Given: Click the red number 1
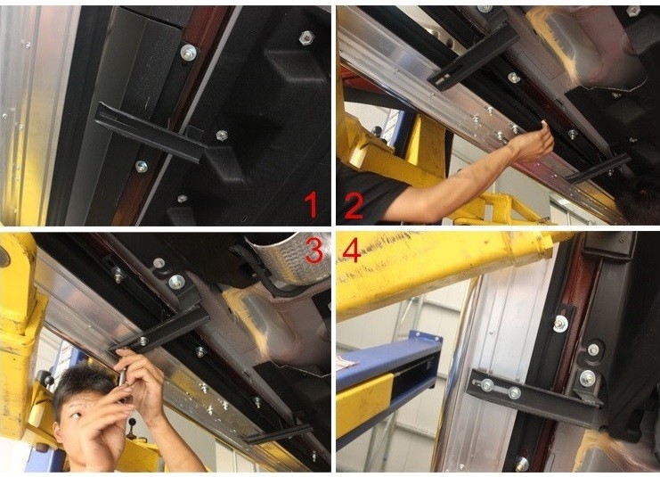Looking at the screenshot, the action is tap(312, 205).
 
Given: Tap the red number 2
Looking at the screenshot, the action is tap(354, 206).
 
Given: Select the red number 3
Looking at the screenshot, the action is tap(314, 250).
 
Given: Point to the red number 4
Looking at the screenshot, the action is tap(352, 250).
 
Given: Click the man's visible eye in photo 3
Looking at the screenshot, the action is tap(76, 415).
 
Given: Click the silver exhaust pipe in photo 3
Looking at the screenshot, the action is tap(290, 257).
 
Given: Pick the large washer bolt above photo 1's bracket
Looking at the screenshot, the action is tap(188, 53).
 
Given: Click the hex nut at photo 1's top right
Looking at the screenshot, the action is tap(306, 38).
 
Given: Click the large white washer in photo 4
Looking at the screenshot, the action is tap(561, 324).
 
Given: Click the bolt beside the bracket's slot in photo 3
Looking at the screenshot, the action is tap(143, 340).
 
